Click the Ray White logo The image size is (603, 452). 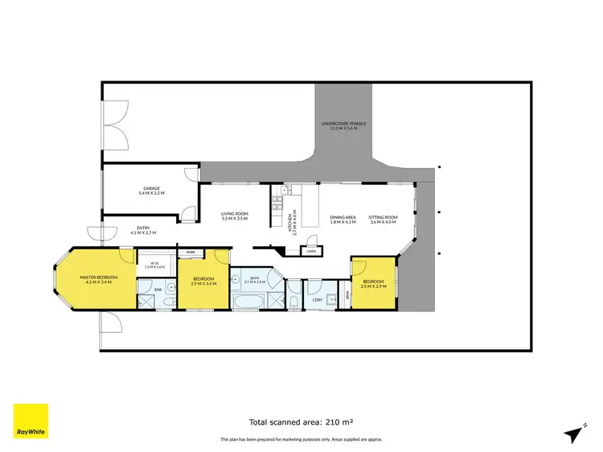click(x=31, y=421)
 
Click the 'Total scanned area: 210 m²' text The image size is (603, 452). click(x=301, y=421)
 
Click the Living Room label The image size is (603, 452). click(x=235, y=216)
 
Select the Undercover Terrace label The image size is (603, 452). click(x=343, y=125)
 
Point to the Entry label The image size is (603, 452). click(x=143, y=229)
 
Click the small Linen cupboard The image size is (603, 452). click(x=311, y=251)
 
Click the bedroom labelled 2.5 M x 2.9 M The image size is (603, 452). click(x=374, y=284)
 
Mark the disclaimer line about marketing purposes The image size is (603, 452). click(x=301, y=439)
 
